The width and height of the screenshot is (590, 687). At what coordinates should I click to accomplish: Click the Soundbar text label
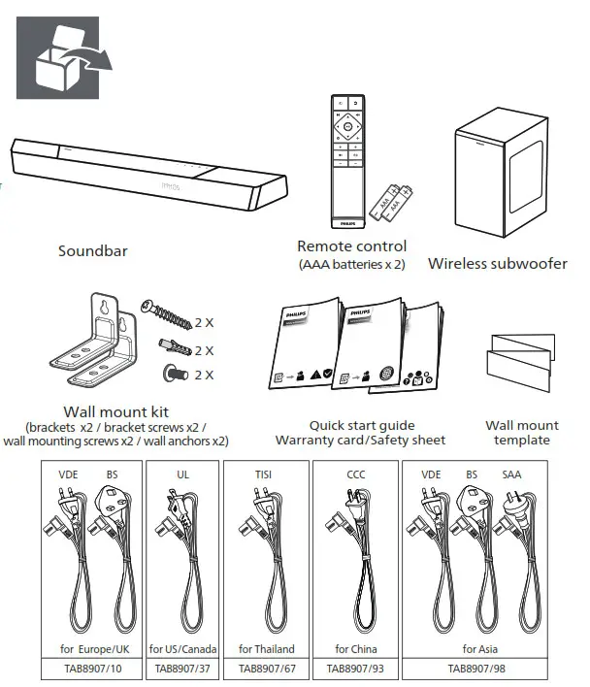click(93, 251)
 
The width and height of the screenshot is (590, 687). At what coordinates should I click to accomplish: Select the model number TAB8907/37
click(181, 668)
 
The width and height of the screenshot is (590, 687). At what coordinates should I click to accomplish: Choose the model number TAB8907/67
click(265, 668)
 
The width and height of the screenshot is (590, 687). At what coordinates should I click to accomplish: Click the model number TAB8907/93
click(354, 668)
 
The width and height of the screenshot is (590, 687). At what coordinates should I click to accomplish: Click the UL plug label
click(182, 476)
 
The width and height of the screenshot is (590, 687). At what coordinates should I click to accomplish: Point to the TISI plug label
click(265, 476)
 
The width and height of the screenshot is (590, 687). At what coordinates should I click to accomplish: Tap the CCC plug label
click(355, 476)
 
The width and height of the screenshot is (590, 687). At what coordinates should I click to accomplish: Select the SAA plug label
click(511, 476)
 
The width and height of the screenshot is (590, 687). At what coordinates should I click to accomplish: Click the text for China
click(355, 648)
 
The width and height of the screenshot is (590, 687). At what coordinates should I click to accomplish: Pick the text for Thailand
click(266, 648)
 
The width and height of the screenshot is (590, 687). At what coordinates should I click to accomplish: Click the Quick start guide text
click(361, 425)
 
